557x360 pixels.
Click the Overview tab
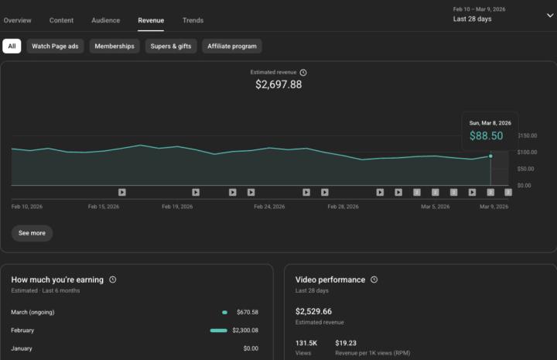point(17,20)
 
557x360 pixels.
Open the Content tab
point(61,20)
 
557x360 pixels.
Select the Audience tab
point(105,20)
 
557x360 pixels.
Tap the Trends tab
point(193,20)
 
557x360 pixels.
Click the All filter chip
point(12,46)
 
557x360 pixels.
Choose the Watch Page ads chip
point(55,46)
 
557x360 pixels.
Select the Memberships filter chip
point(114,46)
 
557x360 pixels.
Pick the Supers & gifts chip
point(171,46)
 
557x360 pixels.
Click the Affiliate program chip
point(232,46)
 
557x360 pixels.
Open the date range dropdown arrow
point(550,15)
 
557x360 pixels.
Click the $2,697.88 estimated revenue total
point(278,84)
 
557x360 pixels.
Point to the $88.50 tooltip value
point(486,136)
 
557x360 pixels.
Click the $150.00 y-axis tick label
point(528,135)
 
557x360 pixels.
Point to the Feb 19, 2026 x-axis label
point(177,207)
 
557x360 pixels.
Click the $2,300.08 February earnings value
point(245,331)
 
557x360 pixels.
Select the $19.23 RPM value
point(346,342)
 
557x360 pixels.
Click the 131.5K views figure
point(307,342)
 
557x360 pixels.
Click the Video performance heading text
point(330,279)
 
